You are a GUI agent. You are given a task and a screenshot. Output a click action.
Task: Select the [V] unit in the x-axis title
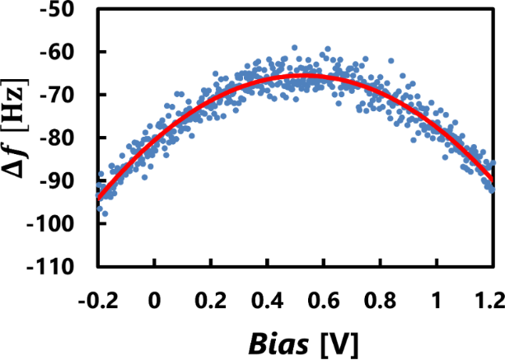(x=340, y=340)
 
